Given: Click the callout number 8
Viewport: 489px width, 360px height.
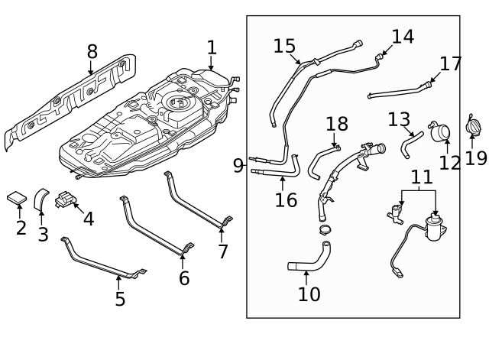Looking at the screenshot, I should (x=92, y=52).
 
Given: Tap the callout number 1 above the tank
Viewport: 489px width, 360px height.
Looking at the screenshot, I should (x=211, y=47).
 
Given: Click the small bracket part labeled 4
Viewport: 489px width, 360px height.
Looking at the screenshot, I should (x=68, y=200).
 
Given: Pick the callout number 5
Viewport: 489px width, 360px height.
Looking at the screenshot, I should (x=120, y=298).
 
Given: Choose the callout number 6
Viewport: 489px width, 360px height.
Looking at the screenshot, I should (x=184, y=278).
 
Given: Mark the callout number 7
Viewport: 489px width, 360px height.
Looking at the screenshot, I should (x=222, y=251).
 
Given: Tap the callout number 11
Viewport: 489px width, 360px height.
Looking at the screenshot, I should (x=421, y=177).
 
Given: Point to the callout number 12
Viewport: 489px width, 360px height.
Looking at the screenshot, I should (x=450, y=163).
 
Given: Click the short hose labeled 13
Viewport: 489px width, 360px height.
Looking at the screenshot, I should (x=412, y=142).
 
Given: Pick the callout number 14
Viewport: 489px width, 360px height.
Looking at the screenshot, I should (x=403, y=36).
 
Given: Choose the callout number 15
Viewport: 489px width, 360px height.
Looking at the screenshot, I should (x=284, y=46).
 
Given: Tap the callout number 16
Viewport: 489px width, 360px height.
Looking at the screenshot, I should (x=286, y=200).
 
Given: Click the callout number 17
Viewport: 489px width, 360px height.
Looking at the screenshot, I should (x=451, y=63).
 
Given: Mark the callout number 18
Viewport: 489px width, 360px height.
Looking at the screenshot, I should (x=336, y=124).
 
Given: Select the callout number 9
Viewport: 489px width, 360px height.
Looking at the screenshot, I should (x=238, y=165).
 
